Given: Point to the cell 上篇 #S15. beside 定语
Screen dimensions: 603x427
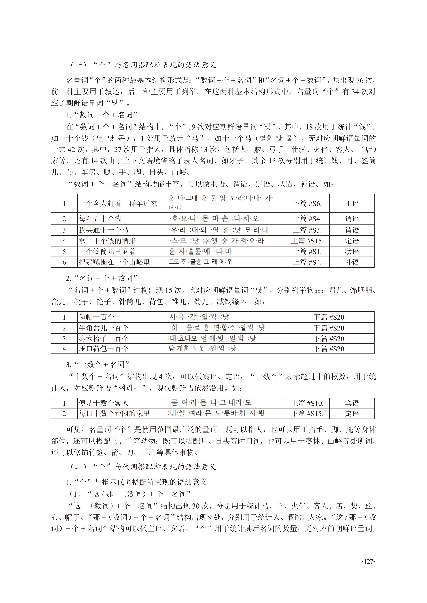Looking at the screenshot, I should [x=307, y=241].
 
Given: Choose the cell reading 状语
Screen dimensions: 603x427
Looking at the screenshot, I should [x=352, y=252].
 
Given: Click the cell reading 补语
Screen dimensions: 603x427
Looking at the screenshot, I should [x=352, y=262].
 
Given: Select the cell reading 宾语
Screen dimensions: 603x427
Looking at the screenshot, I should [x=352, y=403].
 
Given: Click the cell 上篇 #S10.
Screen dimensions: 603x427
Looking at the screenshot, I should [x=307, y=403].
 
